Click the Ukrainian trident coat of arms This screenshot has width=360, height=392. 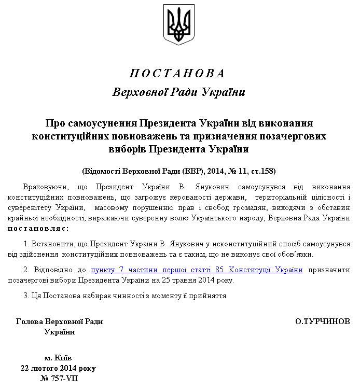[179, 24]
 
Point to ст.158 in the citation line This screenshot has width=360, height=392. [264, 171]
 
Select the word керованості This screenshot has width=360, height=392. [205, 197]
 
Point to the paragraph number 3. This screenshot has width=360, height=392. [26, 296]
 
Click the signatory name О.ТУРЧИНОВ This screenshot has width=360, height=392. [322, 321]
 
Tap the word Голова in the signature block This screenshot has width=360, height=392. [29, 321]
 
